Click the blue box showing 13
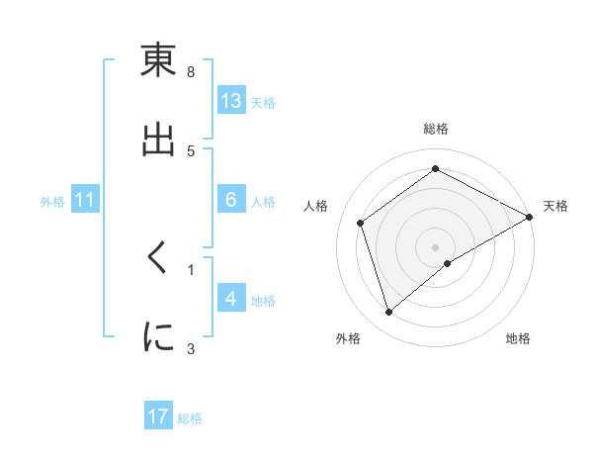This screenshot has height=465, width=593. pyautogui.click(x=231, y=101)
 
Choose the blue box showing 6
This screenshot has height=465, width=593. pyautogui.click(x=231, y=201)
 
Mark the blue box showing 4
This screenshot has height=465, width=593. pyautogui.click(x=231, y=299)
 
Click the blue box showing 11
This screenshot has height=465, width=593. pyautogui.click(x=86, y=201)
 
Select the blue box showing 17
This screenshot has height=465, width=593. pyautogui.click(x=158, y=417)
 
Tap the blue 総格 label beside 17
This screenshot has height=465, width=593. pyautogui.click(x=191, y=418)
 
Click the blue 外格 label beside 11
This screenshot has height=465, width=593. pyautogui.click(x=52, y=202)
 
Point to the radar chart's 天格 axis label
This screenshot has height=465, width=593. pyautogui.click(x=555, y=206)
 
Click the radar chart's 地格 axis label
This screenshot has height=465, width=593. pyautogui.click(x=518, y=339)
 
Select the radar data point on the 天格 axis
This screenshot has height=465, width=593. pyautogui.click(x=529, y=217)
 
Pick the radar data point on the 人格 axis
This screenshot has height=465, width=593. pyautogui.click(x=361, y=223)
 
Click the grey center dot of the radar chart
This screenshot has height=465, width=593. pyautogui.click(x=435, y=246)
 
